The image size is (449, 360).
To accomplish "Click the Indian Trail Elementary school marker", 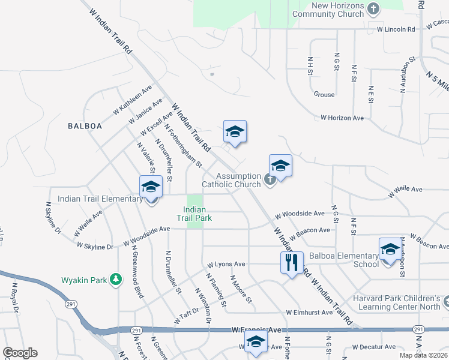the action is pos(151,187).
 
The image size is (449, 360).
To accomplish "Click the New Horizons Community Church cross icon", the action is pos(373,9).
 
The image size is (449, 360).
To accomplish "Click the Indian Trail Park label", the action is pos(194,214).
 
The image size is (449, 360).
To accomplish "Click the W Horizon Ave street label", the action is pos(342,118).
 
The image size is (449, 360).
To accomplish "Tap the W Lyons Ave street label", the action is pos(226,264).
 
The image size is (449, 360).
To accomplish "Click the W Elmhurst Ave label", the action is pos(309,313).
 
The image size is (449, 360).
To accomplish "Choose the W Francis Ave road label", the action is pos(256,330).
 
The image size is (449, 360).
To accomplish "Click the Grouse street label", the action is pos(324,94).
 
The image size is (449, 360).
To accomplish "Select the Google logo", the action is pos(20,353).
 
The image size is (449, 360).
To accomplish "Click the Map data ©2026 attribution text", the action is pos(424,355).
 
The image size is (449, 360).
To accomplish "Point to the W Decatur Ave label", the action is pos(374,347).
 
